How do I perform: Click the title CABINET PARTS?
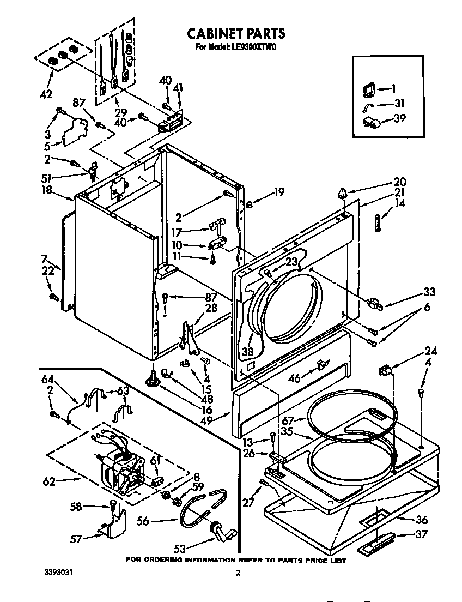(x=236, y=34)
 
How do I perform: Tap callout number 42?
(x=46, y=94)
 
